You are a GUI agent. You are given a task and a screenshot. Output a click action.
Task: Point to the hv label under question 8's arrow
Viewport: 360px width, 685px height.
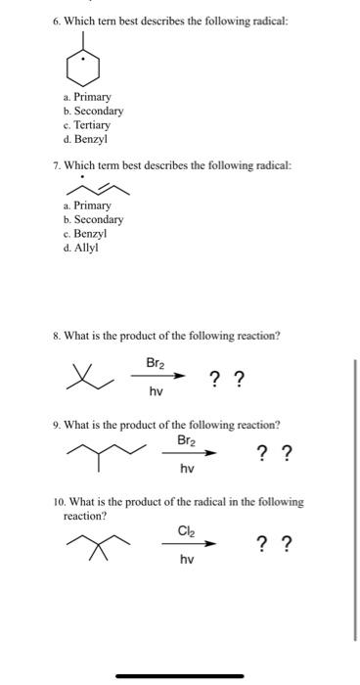[x=156, y=391]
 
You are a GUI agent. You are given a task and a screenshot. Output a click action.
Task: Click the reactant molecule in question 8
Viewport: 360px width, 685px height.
[x=85, y=378]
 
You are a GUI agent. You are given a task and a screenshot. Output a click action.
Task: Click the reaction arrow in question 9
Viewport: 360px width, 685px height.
[x=197, y=453]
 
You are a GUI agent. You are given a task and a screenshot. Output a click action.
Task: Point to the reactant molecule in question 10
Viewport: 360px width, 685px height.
[x=97, y=546]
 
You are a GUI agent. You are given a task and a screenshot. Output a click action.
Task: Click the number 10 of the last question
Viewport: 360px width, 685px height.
[x=60, y=502]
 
